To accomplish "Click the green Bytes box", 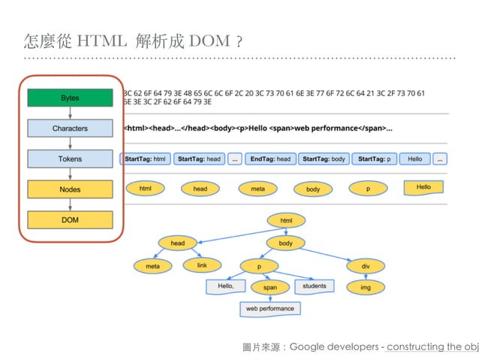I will (x=70, y=98).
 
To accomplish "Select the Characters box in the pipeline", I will (x=70, y=129).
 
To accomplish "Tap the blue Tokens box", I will (x=70, y=159).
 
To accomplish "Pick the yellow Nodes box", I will (x=70, y=189).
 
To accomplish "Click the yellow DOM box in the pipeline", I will (x=70, y=219).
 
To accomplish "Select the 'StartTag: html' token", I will (x=145, y=159).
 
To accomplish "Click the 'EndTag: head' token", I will (x=270, y=159).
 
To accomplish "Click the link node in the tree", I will (x=201, y=266).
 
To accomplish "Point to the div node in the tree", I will (x=365, y=266).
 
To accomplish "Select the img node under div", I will (x=365, y=287).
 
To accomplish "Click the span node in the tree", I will (x=270, y=287).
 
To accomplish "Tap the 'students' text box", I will (x=314, y=286).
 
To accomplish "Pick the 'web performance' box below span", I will (x=270, y=308).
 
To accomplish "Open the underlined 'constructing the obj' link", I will (x=432, y=346).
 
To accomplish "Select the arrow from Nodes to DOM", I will (x=70, y=204).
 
